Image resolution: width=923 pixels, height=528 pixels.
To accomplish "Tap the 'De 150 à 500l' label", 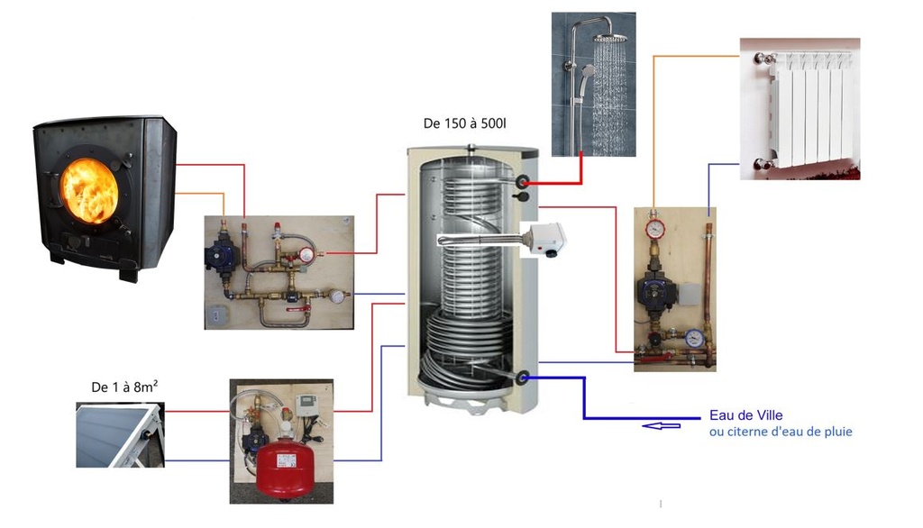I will click(x=464, y=123).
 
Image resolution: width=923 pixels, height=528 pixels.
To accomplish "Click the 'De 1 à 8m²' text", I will click(x=125, y=387).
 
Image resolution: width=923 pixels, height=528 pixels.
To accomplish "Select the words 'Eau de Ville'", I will click(x=745, y=415).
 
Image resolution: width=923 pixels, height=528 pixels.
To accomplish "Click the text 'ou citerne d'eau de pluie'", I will click(x=781, y=432).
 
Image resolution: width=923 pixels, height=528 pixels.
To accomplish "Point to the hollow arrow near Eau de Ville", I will click(x=661, y=423).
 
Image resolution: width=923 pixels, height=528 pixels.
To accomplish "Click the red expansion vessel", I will click(x=281, y=470).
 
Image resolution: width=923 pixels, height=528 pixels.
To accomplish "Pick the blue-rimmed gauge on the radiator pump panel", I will click(x=692, y=337).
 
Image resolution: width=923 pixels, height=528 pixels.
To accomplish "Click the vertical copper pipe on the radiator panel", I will click(x=708, y=270).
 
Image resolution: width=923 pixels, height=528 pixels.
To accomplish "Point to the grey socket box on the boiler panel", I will click(x=217, y=315).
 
